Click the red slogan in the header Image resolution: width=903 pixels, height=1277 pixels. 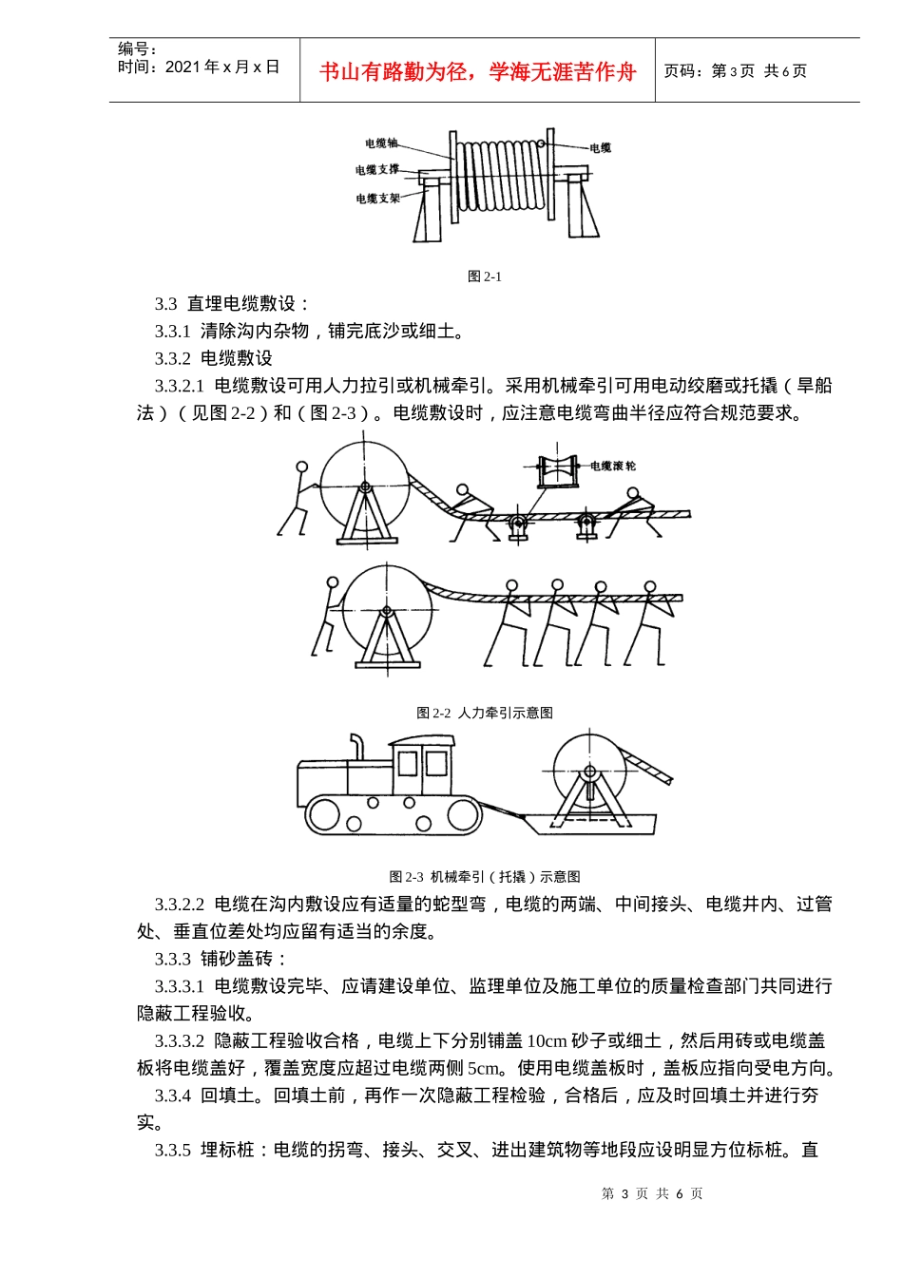click(x=477, y=72)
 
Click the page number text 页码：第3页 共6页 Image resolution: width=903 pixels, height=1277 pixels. click(x=735, y=71)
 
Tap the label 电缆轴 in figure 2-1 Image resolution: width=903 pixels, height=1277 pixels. click(x=381, y=143)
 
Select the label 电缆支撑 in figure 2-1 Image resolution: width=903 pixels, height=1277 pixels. click(x=377, y=170)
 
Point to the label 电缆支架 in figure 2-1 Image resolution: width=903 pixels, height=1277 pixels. click(x=377, y=199)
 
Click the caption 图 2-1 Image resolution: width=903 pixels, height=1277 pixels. click(x=485, y=276)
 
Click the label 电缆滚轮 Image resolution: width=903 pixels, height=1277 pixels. click(x=613, y=466)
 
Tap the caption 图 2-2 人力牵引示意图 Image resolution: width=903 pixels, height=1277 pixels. click(x=485, y=713)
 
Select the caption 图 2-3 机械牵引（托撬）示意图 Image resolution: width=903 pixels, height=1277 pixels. click(x=485, y=877)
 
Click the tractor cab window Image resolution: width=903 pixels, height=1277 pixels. click(x=422, y=764)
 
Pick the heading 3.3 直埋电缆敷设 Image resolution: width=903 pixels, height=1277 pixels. click(x=232, y=304)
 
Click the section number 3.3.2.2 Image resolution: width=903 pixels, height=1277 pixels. click(x=180, y=905)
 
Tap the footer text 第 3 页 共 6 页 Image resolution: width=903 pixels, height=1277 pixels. click(x=652, y=1194)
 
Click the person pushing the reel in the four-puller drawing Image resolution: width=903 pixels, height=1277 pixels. click(x=326, y=618)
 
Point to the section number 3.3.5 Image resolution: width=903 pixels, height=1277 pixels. click(x=173, y=1151)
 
